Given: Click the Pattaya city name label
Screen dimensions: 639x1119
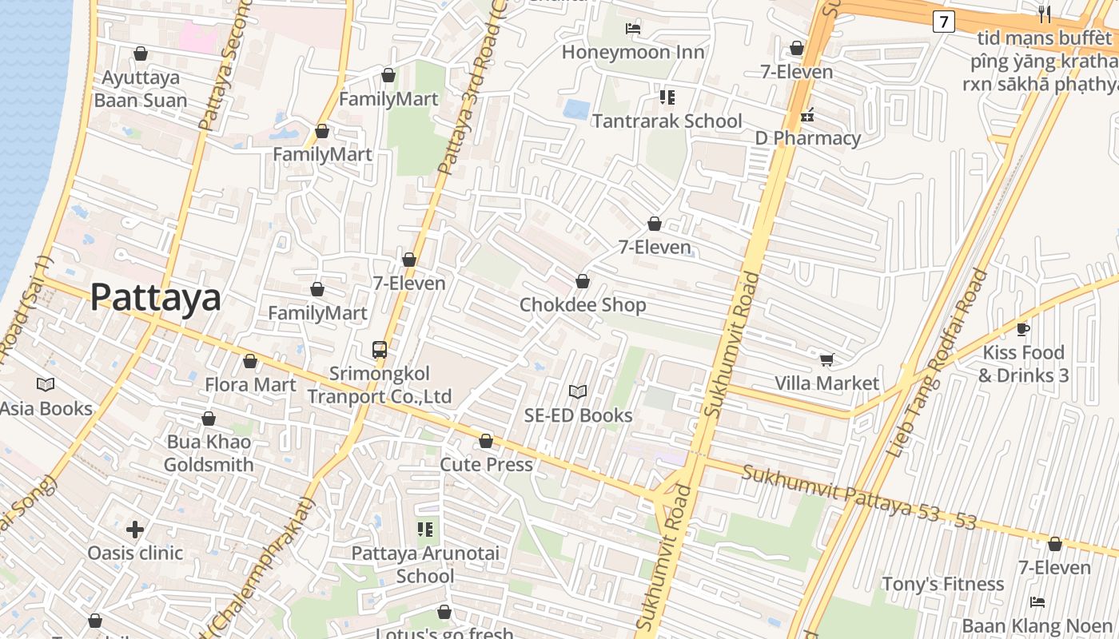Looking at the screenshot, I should click(x=155, y=297).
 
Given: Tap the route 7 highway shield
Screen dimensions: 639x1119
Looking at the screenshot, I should click(x=943, y=22).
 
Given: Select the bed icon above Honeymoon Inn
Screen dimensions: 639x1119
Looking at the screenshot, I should click(x=633, y=29).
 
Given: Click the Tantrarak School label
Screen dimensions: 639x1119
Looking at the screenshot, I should click(x=667, y=121).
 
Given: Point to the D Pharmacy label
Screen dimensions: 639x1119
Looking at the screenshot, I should click(x=807, y=138).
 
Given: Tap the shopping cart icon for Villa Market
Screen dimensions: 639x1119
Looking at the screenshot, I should click(x=826, y=359).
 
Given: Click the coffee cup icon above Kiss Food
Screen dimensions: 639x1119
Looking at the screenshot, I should click(x=1023, y=329).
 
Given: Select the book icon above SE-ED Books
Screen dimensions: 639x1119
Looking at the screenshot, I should click(x=578, y=391).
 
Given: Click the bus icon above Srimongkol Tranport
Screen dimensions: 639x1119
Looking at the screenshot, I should click(x=380, y=350).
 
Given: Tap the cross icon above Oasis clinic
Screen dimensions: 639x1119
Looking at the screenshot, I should click(x=135, y=530).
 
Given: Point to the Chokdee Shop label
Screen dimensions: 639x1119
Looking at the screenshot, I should click(x=583, y=305).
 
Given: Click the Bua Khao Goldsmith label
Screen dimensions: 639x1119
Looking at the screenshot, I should click(x=209, y=453).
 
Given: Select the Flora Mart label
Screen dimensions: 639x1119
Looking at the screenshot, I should click(x=250, y=385).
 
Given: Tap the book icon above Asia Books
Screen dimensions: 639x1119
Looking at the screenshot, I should click(x=46, y=385).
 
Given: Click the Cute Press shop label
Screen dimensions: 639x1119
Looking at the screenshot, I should click(x=486, y=464).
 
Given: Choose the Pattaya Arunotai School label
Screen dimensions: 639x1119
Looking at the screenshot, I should click(x=425, y=564).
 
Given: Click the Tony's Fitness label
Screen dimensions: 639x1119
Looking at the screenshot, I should click(x=942, y=584).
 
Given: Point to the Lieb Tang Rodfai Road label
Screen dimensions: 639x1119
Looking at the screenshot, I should click(x=937, y=363).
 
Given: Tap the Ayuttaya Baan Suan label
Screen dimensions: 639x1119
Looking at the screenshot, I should click(x=141, y=89).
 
